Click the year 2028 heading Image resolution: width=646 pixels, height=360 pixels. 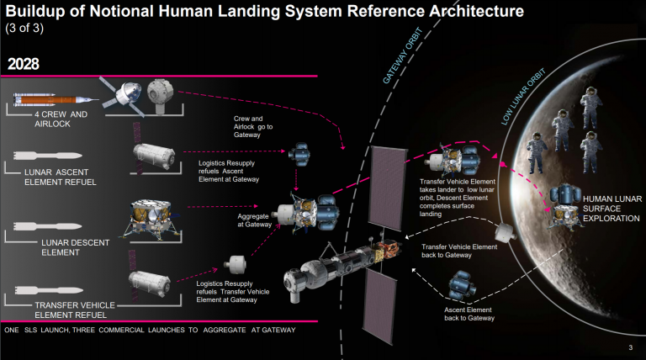point(23,64)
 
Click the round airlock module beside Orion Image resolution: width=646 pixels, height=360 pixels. point(161,93)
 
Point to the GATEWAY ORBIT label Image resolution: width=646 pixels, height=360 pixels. point(403,56)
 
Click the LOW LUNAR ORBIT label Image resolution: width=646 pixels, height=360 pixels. point(523,97)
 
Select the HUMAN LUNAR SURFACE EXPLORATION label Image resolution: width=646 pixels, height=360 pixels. point(612,209)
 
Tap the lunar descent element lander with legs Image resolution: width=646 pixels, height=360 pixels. point(151,219)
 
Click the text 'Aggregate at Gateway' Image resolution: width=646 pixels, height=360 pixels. point(254,220)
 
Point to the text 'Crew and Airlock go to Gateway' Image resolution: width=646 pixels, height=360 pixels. point(253,126)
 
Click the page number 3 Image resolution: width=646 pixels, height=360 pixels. point(630,347)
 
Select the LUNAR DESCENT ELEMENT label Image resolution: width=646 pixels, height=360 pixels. point(76,247)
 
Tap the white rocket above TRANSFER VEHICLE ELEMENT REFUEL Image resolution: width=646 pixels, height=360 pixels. point(49,290)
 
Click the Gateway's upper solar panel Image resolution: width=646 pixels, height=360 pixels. point(387,188)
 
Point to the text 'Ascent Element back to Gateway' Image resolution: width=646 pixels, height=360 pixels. point(469,314)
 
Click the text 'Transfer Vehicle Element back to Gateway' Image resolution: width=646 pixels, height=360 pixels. point(459,251)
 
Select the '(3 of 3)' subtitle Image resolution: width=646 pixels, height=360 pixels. point(24,28)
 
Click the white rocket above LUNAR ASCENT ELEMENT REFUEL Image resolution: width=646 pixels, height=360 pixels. point(48,156)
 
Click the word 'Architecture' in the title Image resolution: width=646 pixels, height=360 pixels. point(476,11)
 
